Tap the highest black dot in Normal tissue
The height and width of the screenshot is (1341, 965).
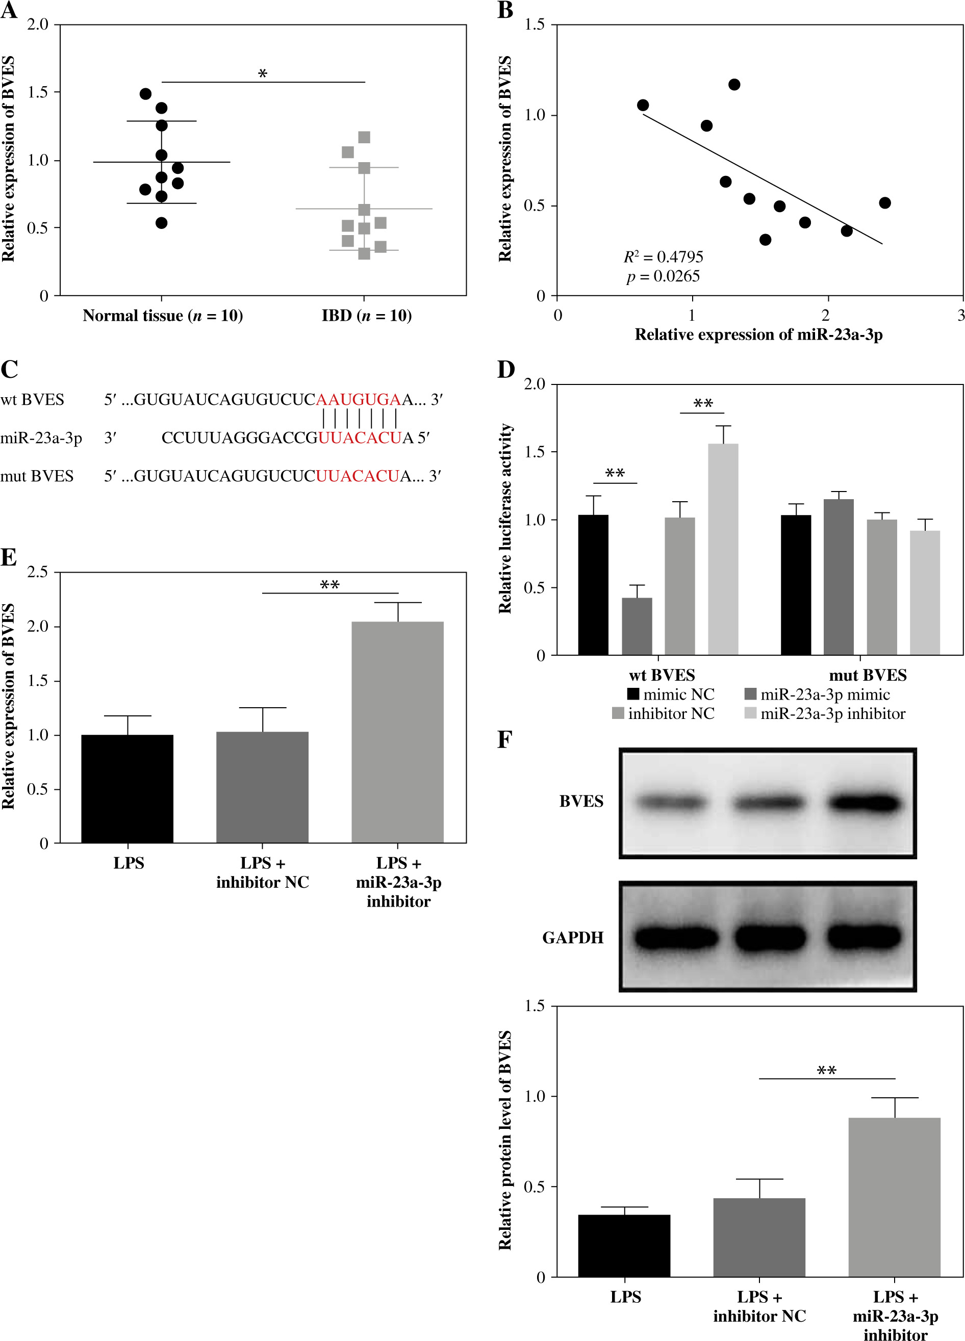click(x=145, y=94)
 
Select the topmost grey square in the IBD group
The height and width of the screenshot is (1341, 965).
click(x=364, y=138)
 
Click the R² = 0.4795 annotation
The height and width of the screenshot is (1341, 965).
click(x=663, y=257)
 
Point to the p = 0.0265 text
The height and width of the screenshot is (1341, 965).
click(x=663, y=277)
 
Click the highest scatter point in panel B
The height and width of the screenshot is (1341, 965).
click(x=734, y=85)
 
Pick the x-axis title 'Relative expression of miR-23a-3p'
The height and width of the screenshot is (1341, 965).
click(x=758, y=334)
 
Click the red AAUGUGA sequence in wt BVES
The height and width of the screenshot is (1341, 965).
click(x=359, y=400)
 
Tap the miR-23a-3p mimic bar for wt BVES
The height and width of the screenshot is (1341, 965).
click(x=637, y=626)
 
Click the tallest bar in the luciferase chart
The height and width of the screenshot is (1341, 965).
click(x=723, y=549)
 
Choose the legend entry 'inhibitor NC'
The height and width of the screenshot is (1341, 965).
click(x=671, y=714)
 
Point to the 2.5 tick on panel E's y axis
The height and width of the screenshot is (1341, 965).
click(x=37, y=573)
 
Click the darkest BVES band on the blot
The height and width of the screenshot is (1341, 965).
click(x=864, y=803)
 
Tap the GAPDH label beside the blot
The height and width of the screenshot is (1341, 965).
click(x=572, y=938)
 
